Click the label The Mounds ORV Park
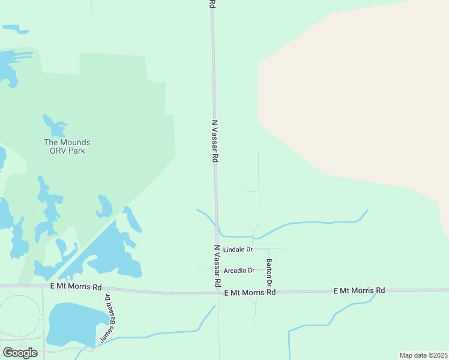point(67,146)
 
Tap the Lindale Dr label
point(238,249)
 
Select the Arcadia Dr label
point(239,271)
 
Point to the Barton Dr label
point(270,272)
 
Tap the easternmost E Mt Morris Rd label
point(359,290)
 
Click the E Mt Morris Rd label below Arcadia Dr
point(249,292)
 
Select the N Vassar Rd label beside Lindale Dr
point(217,265)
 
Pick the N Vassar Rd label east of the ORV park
point(214,141)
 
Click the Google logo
point(20,353)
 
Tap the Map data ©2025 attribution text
point(423,355)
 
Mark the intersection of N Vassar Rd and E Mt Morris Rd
point(217,293)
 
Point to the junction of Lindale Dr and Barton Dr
point(269,248)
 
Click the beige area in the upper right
point(360,90)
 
